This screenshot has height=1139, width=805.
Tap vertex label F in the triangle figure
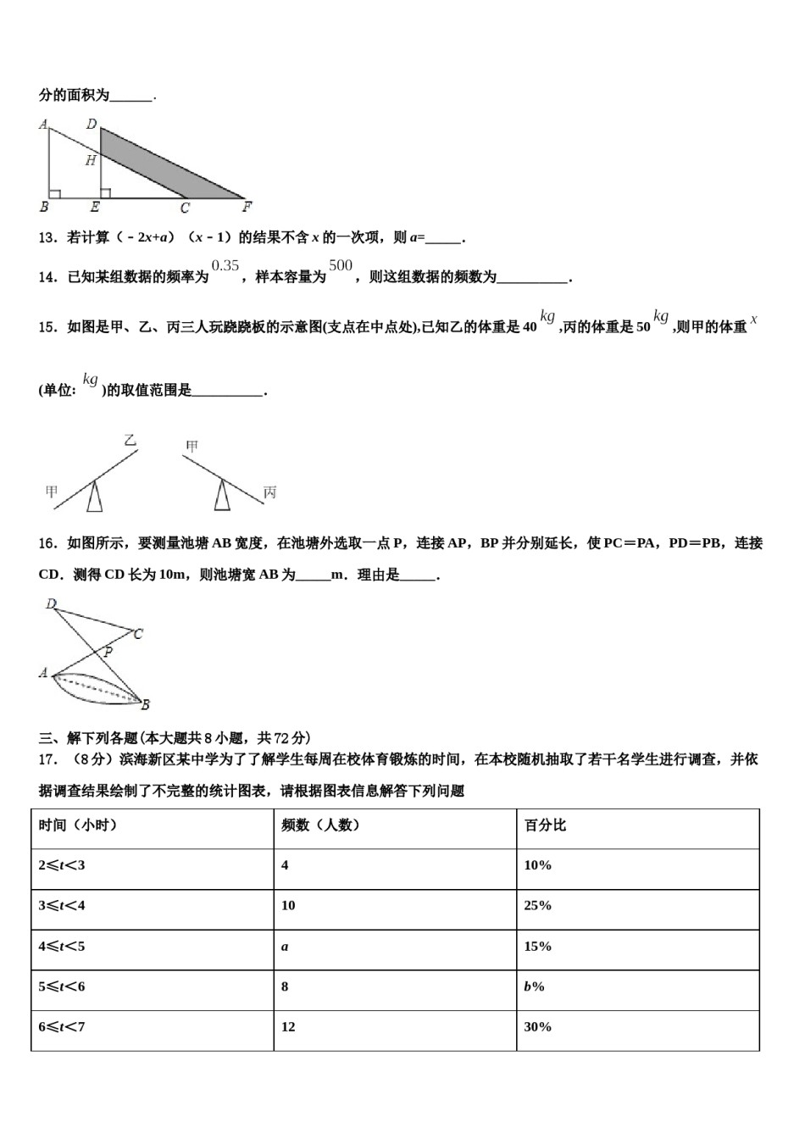coord(247,207)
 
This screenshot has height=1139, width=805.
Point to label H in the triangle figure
coord(91,161)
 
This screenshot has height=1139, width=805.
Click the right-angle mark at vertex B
coord(55,194)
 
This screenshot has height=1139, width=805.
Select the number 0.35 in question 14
coord(225,265)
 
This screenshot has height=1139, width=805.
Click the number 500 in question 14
coord(341,265)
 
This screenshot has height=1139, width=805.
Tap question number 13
coord(47,238)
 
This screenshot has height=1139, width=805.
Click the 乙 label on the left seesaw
coord(130,441)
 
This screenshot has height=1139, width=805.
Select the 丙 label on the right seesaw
coord(269,492)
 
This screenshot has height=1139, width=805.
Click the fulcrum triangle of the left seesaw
coord(96,497)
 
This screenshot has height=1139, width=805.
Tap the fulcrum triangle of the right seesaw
coord(222,496)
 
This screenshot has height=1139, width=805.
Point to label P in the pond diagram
coord(108,653)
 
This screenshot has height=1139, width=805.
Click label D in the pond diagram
coord(51,604)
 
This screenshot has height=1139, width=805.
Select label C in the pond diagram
coord(138,633)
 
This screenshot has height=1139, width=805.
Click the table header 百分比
coord(545,825)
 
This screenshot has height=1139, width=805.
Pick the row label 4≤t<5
coord(62,947)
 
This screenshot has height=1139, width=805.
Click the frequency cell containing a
coord(285,947)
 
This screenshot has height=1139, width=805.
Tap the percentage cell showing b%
coord(534,987)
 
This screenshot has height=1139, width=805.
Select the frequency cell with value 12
coord(288,1027)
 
